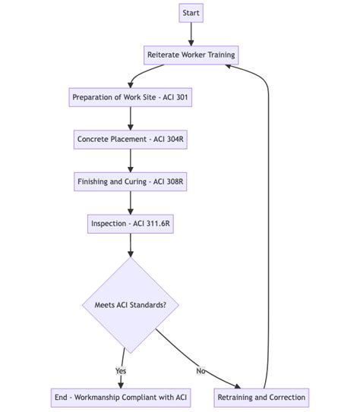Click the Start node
(191, 13)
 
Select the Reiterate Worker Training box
(191, 55)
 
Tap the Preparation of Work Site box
(131, 97)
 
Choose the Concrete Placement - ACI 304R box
(131, 140)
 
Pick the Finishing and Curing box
(131, 182)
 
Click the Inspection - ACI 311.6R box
(131, 225)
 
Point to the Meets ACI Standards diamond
(131, 305)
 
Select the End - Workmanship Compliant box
(121, 398)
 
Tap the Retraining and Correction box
(262, 398)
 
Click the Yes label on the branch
(122, 371)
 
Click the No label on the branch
(201, 371)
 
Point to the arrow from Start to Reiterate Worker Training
(191, 34)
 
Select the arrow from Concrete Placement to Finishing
(131, 161)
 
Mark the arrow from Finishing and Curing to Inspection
(131, 203)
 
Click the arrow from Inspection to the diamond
(131, 246)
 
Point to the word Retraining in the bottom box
(240, 398)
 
